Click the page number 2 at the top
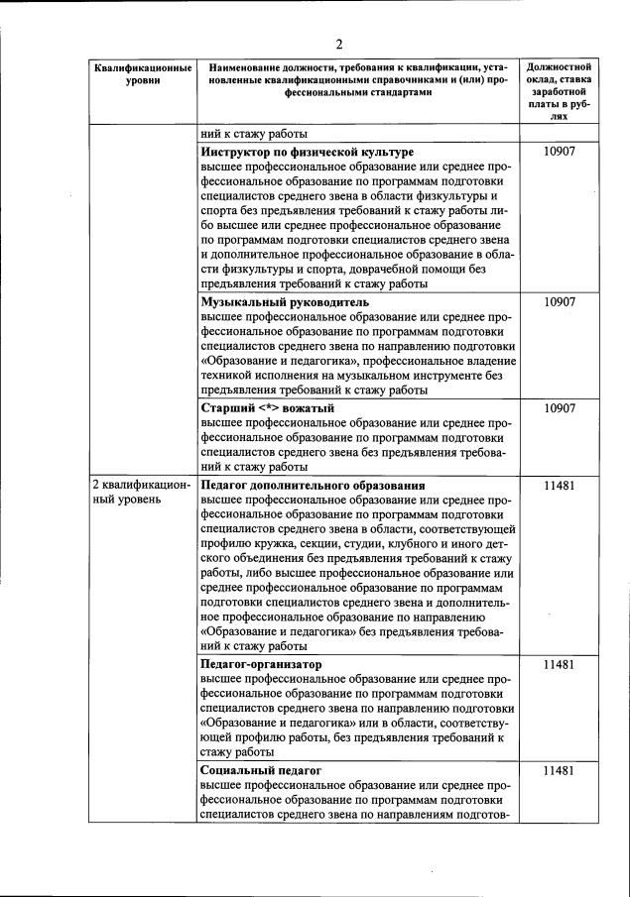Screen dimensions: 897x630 (x=338, y=44)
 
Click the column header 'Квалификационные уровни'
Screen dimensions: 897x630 (x=142, y=73)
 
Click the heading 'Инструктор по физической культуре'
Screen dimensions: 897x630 (x=307, y=153)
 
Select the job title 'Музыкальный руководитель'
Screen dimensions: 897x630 (x=284, y=301)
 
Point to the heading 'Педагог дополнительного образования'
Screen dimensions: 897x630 (x=313, y=486)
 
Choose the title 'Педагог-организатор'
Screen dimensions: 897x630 (x=261, y=663)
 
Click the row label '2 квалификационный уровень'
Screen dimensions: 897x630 (x=140, y=493)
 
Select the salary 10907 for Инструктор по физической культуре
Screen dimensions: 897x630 (x=560, y=153)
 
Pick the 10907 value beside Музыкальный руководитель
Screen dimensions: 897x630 (x=560, y=301)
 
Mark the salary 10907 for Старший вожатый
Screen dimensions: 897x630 (x=560, y=407)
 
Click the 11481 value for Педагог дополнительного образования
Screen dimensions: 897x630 (x=560, y=486)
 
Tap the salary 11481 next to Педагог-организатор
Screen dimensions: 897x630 (x=560, y=663)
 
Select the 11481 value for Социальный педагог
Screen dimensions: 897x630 (x=560, y=769)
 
